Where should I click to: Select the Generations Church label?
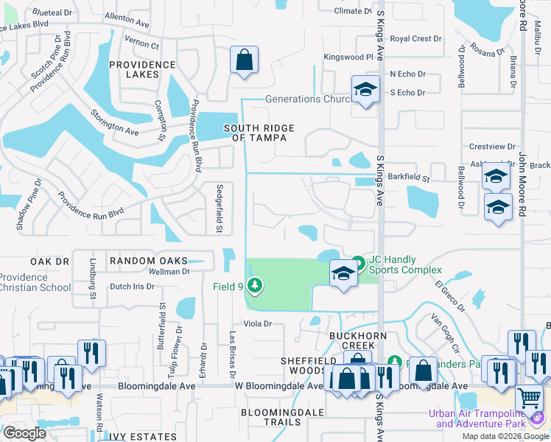coord(307,99)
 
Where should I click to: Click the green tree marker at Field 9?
coord(255,284)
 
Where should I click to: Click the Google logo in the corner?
coord(24,433)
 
